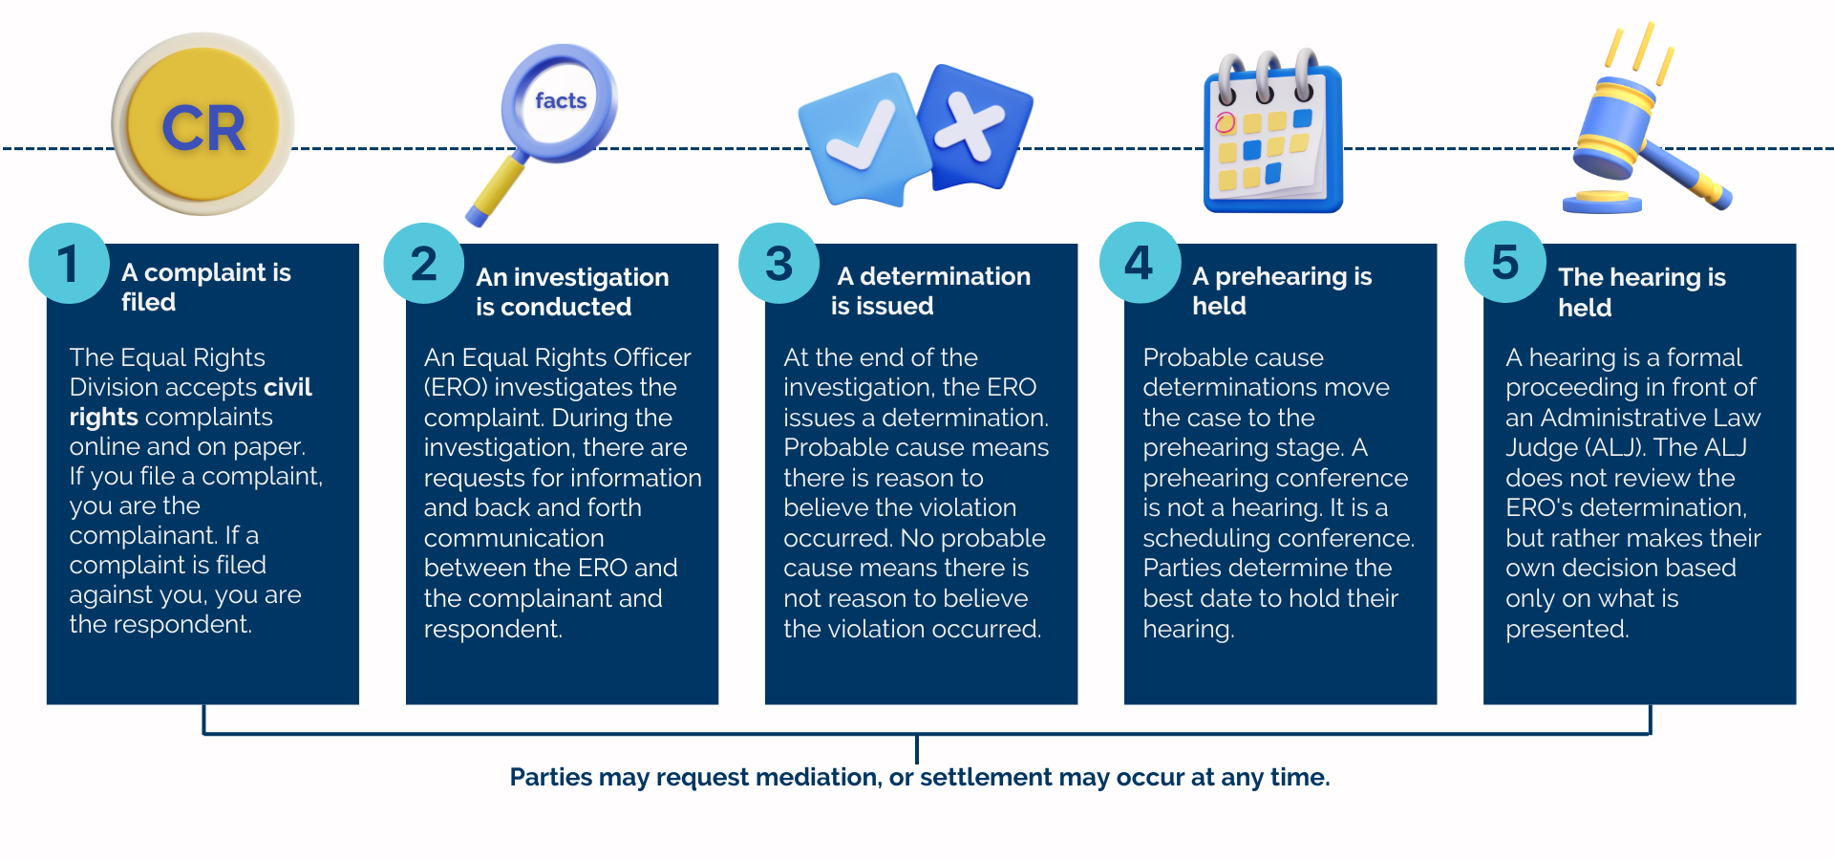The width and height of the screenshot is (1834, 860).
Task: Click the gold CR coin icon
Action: pyautogui.click(x=203, y=125)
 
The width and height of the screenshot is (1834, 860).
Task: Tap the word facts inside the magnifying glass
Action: pyautogui.click(x=561, y=100)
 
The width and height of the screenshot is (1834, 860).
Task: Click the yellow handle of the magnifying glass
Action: pyautogui.click(x=498, y=189)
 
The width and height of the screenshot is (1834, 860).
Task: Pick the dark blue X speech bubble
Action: pyautogui.click(x=974, y=127)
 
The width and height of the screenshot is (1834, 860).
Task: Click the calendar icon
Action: pyautogui.click(x=1272, y=134)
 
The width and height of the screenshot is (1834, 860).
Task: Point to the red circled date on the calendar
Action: pyautogui.click(x=1226, y=122)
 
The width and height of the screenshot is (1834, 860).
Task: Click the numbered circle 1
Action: pyautogui.click(x=69, y=263)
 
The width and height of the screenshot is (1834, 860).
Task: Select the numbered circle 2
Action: pyautogui.click(x=424, y=263)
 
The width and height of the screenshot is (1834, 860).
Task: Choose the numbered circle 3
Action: pyautogui.click(x=779, y=263)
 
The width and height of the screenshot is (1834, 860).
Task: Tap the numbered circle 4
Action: pyautogui.click(x=1140, y=263)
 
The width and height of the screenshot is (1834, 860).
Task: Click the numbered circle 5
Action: pyautogui.click(x=1505, y=263)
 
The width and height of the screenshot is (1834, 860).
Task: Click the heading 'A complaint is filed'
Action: pyautogui.click(x=205, y=287)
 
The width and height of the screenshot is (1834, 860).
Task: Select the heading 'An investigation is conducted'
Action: pyautogui.click(x=571, y=291)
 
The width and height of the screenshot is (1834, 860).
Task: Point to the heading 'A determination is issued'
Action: pyautogui.click(x=930, y=290)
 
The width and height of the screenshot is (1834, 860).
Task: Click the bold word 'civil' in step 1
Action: pyautogui.click(x=288, y=387)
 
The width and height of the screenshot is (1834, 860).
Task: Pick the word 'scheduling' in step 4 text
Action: pyautogui.click(x=1206, y=538)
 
